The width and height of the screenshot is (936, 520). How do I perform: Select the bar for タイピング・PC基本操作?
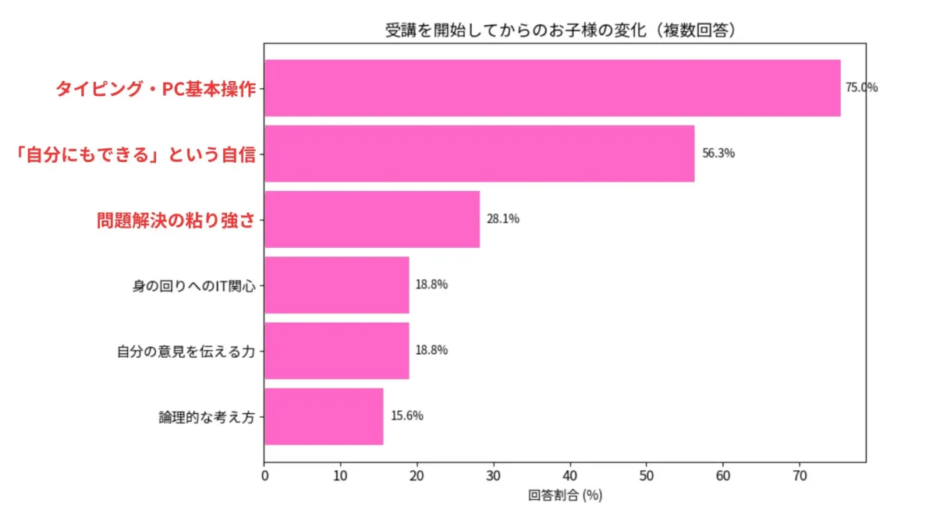[x=552, y=88]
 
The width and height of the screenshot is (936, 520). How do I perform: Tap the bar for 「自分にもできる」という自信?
[x=479, y=154]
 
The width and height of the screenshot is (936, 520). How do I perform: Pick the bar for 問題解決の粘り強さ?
[x=372, y=219]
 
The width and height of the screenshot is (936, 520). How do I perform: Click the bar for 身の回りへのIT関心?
[x=336, y=285]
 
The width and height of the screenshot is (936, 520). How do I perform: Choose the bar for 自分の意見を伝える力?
[x=336, y=350]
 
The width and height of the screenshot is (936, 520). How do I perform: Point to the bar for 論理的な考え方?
[x=324, y=416]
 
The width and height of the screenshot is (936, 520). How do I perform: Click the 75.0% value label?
[x=862, y=88]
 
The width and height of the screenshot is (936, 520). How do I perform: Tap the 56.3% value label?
[x=718, y=154]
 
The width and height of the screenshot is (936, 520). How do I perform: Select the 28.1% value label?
[x=503, y=219]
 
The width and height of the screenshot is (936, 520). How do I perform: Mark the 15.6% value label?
[x=407, y=416]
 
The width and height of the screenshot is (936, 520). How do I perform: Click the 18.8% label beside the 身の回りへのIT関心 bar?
[x=431, y=285]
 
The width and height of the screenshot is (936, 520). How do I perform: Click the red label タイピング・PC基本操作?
[x=155, y=89]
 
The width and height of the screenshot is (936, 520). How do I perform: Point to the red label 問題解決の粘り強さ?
[x=175, y=220]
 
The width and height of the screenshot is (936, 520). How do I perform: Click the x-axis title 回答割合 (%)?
[x=565, y=495]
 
